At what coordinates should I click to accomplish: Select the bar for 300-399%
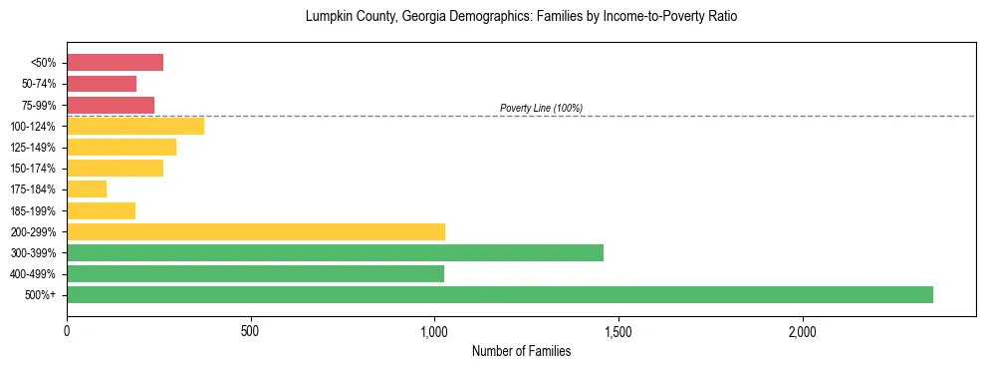coord(335,252)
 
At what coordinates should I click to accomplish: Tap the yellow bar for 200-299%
coord(256,231)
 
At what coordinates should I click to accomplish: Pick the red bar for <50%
coord(115,63)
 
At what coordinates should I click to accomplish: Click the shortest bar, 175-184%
coord(87,189)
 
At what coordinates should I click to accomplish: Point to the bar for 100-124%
coord(135,126)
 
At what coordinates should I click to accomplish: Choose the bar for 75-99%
coord(111,105)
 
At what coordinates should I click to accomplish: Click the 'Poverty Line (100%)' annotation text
coord(541,108)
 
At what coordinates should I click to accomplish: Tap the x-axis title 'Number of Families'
coord(521,351)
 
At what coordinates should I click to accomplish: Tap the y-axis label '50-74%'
coord(39,84)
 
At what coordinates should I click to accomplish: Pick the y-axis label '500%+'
coord(41,295)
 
